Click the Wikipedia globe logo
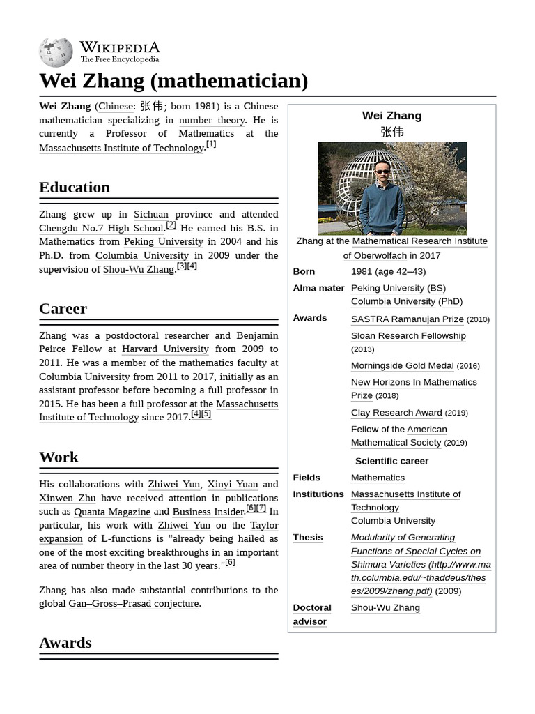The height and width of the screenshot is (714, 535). (x=56, y=52)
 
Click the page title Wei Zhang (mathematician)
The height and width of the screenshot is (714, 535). (x=173, y=81)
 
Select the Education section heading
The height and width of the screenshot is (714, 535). (x=75, y=187)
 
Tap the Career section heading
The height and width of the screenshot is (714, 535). (x=63, y=308)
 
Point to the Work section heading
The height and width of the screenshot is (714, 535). (x=59, y=457)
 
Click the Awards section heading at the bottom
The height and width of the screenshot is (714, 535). (x=65, y=642)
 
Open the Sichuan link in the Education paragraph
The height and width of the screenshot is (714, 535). (x=151, y=214)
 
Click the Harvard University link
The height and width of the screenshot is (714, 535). (x=165, y=349)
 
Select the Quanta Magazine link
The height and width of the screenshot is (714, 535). (x=112, y=511)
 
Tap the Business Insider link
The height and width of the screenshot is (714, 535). (x=208, y=511)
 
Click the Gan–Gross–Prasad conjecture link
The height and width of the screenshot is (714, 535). (x=134, y=603)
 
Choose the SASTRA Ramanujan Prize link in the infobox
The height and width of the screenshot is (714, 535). (x=407, y=319)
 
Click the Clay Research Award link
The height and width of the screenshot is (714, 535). (x=396, y=412)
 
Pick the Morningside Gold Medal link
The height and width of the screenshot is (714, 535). (x=402, y=365)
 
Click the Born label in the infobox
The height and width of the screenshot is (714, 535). (x=304, y=271)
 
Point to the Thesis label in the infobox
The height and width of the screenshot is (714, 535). (x=308, y=537)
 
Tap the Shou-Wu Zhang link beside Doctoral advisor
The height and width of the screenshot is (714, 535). (x=385, y=607)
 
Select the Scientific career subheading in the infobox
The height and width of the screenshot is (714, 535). (x=391, y=461)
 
